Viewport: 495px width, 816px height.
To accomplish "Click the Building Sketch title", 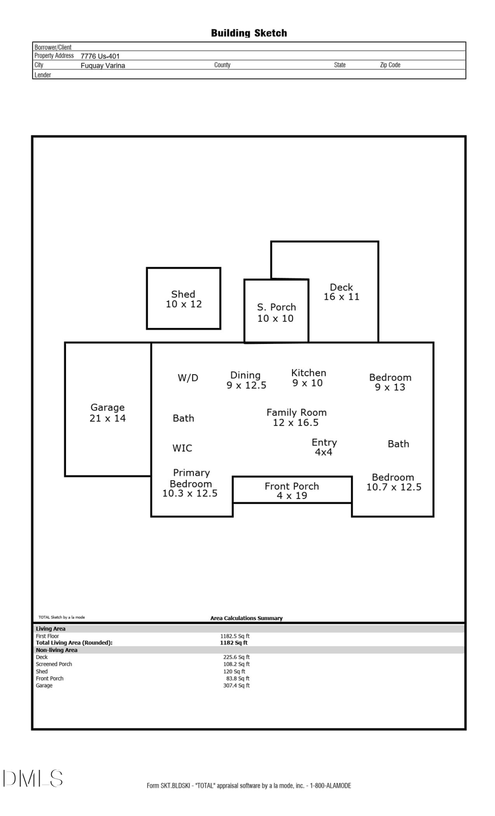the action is (249, 33).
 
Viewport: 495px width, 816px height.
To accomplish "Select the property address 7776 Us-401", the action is (100, 56).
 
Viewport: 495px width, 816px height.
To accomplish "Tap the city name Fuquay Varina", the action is (103, 65).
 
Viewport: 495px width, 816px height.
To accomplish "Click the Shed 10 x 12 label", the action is (184, 299).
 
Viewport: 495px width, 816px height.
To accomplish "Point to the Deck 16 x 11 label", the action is (342, 292).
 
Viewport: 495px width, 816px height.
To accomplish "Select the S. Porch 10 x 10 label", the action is (276, 313).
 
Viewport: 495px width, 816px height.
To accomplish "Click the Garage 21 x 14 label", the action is (108, 413).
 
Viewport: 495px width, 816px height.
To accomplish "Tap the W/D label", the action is (188, 378).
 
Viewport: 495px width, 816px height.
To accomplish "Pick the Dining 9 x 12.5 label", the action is (246, 380).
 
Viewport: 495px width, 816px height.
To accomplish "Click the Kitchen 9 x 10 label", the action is (308, 378).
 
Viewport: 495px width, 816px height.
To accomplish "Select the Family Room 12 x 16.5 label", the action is (296, 418).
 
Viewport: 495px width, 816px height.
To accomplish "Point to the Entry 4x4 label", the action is (324, 447).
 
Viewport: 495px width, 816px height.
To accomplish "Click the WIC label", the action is (182, 448).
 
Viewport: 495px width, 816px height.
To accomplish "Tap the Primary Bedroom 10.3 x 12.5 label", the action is (190, 483).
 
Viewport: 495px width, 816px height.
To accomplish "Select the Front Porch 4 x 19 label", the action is (291, 491).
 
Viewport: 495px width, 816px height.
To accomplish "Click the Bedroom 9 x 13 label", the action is (390, 382).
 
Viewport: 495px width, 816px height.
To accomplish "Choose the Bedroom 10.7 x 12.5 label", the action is (393, 482).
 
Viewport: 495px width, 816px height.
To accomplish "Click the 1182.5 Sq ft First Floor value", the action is (235, 636).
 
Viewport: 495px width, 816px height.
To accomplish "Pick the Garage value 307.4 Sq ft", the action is (236, 686).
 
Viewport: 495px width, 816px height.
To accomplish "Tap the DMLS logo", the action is (33, 779).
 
